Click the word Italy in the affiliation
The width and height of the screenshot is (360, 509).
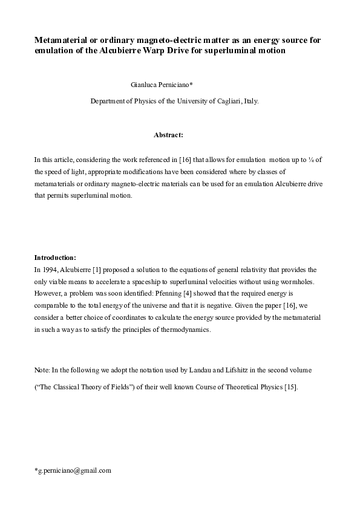click(x=251, y=102)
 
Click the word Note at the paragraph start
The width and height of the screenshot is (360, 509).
click(x=41, y=369)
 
